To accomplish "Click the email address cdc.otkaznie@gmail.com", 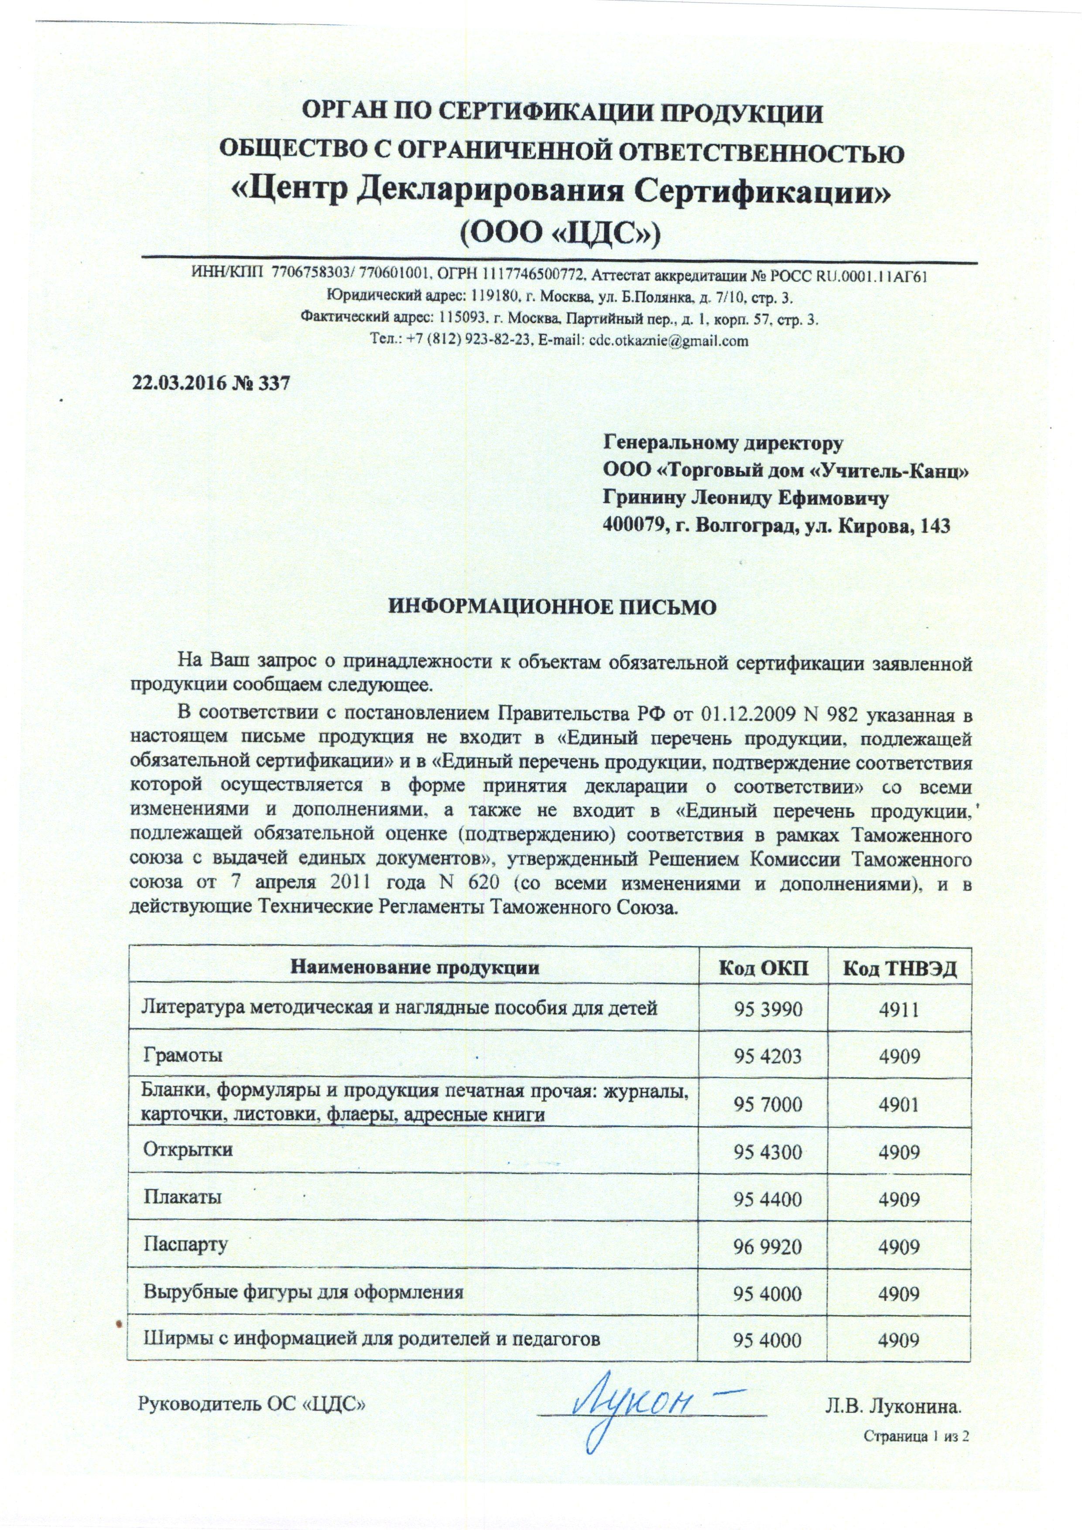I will point(666,341).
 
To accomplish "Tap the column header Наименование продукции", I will point(414,968).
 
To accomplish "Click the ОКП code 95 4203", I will point(767,1056).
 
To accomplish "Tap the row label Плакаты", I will point(183,1197).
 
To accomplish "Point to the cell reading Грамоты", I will point(183,1056).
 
